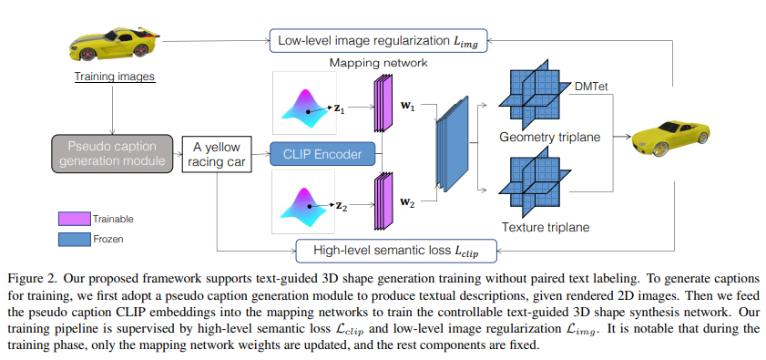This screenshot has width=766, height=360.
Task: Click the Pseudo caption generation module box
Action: point(111,154)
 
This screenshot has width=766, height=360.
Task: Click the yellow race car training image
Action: point(111,44)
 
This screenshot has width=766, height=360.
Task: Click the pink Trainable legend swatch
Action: point(74,219)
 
